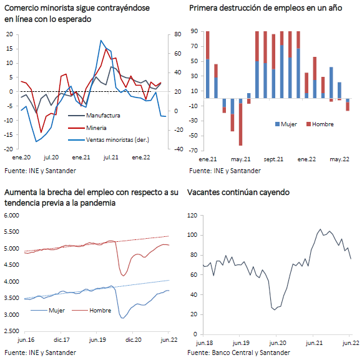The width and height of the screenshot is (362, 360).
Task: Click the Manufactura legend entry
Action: [x=94, y=116]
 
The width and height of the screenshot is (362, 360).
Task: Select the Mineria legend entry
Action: [x=87, y=128]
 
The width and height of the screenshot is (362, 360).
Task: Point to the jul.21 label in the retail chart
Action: [x=111, y=157]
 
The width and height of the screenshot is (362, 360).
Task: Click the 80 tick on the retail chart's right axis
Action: [x=177, y=34]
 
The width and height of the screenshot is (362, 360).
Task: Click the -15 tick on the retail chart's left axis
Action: [x=8, y=135]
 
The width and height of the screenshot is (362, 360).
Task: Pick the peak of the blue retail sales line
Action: [x=101, y=41]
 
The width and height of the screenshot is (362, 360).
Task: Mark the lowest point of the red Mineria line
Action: [x=41, y=132]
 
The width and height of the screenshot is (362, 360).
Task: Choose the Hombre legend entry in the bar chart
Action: [x=320, y=124]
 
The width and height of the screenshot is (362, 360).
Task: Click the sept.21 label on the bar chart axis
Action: [x=273, y=159]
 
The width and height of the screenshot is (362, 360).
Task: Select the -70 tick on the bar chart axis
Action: [x=194, y=151]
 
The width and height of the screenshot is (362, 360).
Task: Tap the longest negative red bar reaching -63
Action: [x=240, y=124]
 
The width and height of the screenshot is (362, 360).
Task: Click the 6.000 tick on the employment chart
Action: [x=11, y=216]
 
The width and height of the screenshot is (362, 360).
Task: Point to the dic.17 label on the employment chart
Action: [x=61, y=340]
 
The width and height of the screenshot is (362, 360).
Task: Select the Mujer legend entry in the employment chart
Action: [x=48, y=310]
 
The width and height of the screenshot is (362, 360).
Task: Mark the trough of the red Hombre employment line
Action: [x=123, y=276]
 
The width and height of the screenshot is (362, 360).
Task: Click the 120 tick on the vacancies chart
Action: [x=192, y=216]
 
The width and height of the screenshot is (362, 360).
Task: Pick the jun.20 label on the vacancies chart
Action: [x=277, y=342]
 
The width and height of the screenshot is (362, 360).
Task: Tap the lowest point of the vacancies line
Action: [x=275, y=309]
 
